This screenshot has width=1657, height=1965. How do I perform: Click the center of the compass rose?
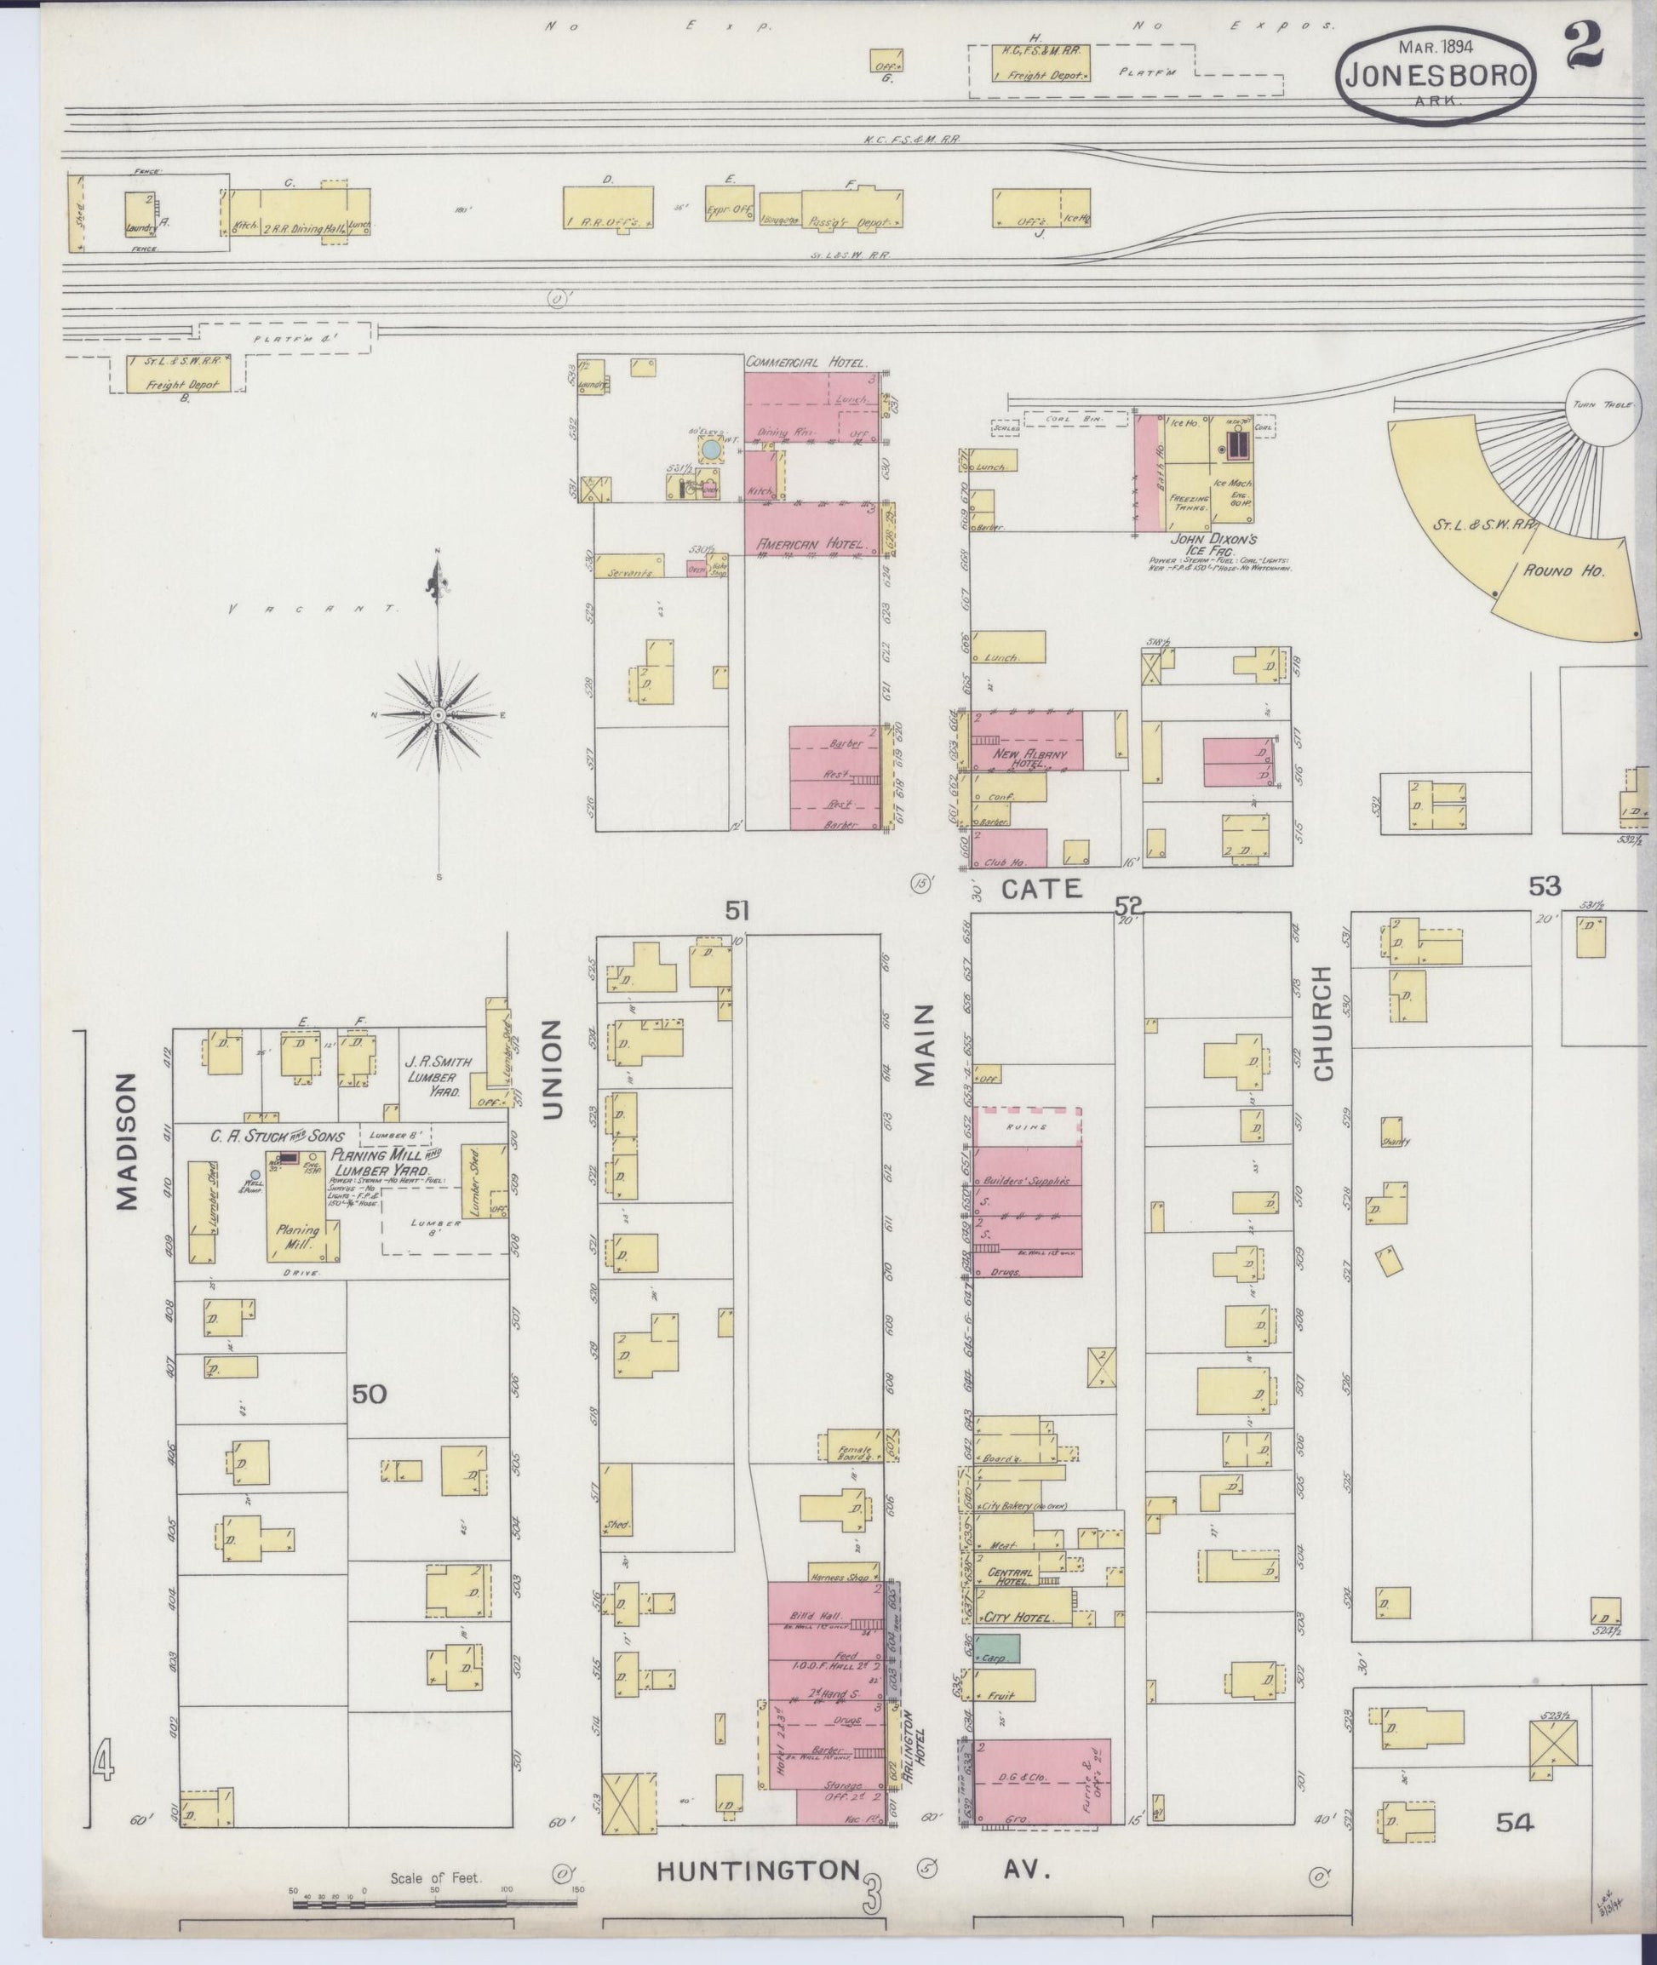(x=439, y=716)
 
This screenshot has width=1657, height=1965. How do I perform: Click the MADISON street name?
(x=128, y=1141)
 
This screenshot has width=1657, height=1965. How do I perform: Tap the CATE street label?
(x=1041, y=888)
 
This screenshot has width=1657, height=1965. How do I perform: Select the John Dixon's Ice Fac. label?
(x=1213, y=546)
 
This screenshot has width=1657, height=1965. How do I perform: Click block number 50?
(x=370, y=1395)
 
